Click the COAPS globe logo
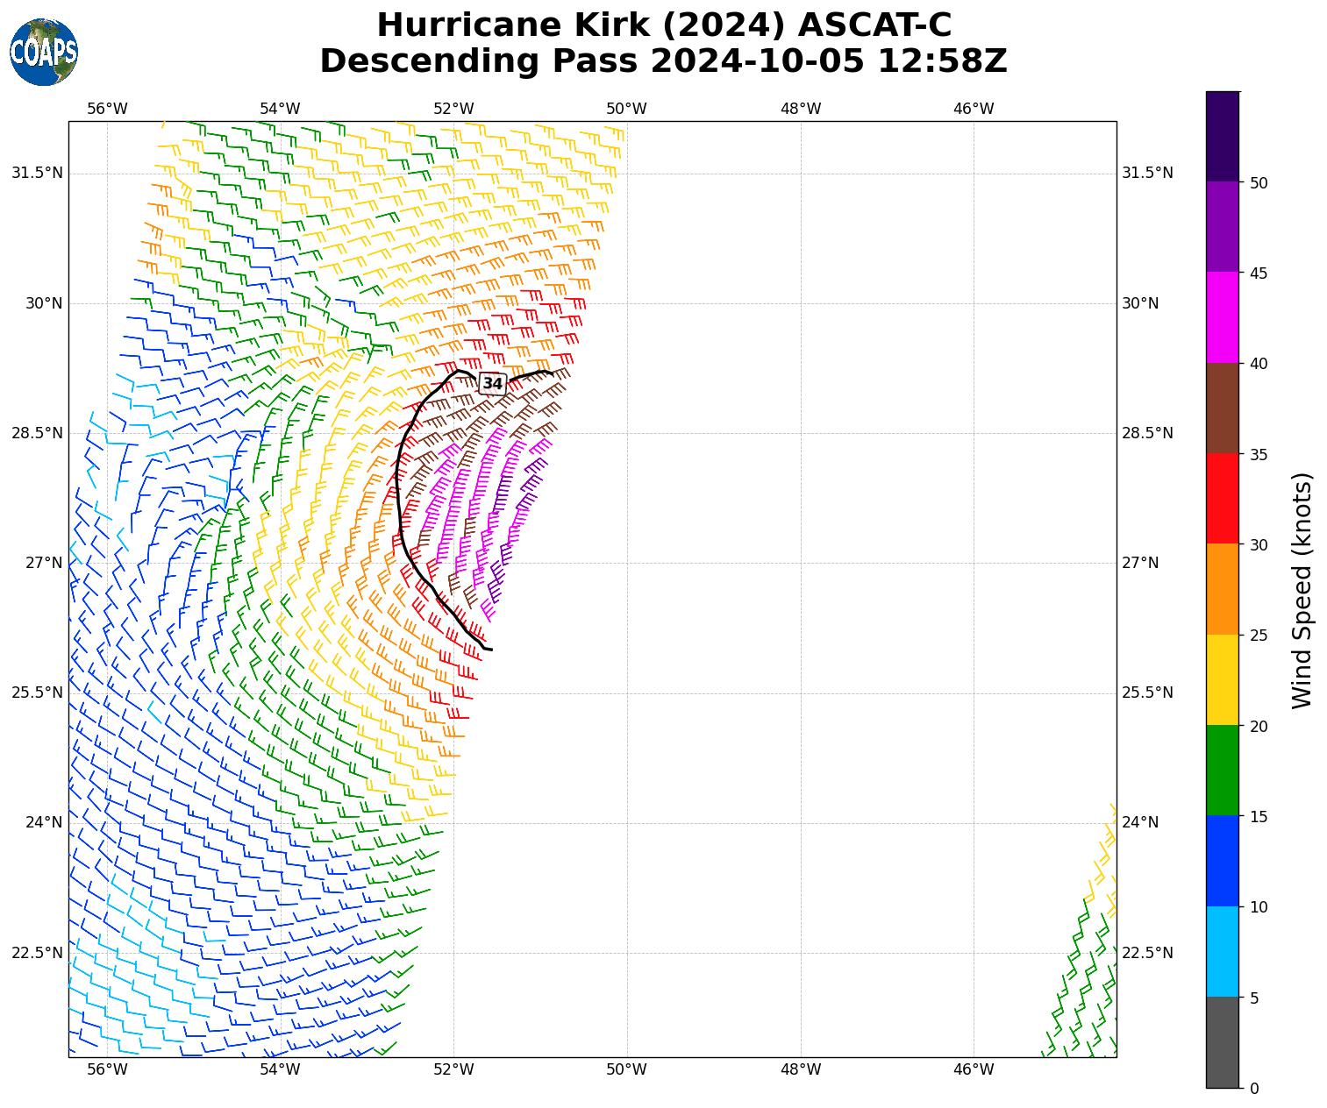pyautogui.click(x=44, y=53)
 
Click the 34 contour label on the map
pyautogui.click(x=493, y=384)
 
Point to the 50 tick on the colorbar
pyautogui.click(x=1259, y=182)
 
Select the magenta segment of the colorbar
pyautogui.click(x=1222, y=317)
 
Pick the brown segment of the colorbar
pyautogui.click(x=1222, y=408)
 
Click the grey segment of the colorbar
pyautogui.click(x=1222, y=1042)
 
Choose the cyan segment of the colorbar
pyautogui.click(x=1222, y=952)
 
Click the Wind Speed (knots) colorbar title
pyautogui.click(x=1303, y=590)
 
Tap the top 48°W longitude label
pyautogui.click(x=800, y=109)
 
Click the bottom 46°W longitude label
pyautogui.click(x=974, y=1069)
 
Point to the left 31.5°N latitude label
pyautogui.click(x=37, y=173)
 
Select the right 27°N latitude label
pyautogui.click(x=1140, y=563)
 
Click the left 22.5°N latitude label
pyautogui.click(x=37, y=953)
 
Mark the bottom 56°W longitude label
pyautogui.click(x=107, y=1069)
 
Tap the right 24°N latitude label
pyautogui.click(x=1140, y=822)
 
